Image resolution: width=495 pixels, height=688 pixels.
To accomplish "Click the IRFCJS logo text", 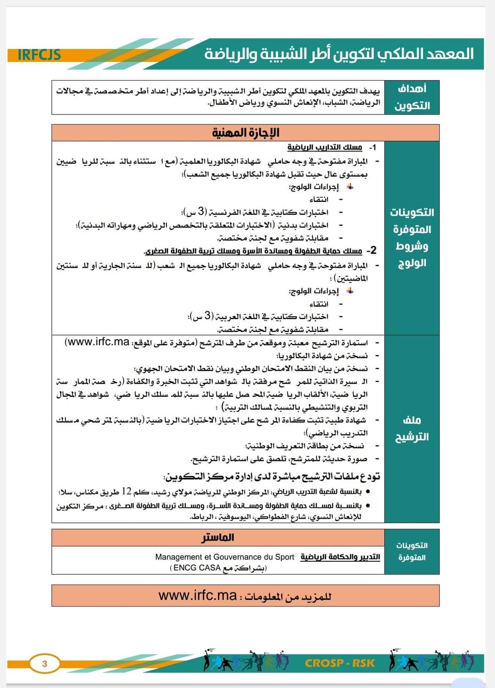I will pos(39,55).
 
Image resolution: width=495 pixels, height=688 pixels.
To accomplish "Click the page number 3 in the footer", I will pos(44,663).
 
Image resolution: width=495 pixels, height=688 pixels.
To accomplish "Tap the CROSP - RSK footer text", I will pos(340,663).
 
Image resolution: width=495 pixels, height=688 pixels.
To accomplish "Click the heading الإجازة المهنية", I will pos(245,133).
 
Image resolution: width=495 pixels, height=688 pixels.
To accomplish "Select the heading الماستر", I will pos(218,537).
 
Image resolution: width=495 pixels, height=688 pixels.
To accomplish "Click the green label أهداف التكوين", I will pos(412,97).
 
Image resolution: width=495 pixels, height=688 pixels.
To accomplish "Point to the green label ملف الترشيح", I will pos(412,428).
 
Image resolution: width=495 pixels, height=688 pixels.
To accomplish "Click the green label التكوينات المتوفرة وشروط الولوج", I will pos(412,238).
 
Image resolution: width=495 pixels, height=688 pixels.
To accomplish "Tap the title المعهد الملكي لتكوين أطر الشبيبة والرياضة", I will pos(339,54).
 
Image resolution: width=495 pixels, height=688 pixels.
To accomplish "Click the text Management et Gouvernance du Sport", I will pos(225,557).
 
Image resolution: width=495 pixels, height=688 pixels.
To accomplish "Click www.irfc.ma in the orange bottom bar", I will pos(198,596).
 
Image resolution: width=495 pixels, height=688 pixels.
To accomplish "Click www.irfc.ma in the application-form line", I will pos(97,342).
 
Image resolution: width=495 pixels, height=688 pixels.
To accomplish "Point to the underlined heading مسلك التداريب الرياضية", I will pos(324,147).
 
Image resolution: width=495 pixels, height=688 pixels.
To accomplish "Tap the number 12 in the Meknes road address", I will pos(126,491).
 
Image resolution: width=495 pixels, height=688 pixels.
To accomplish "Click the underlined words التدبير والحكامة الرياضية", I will pos(340,557).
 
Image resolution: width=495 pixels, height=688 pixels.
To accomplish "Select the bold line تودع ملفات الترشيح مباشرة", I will pos(272,477).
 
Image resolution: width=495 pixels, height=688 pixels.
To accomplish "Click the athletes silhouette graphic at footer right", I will pos(431,661).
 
